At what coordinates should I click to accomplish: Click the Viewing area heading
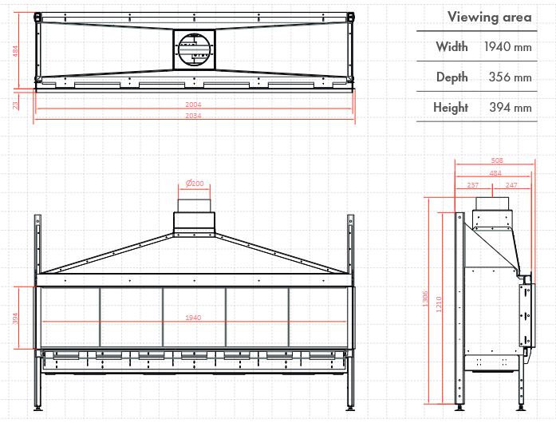pyautogui.click(x=489, y=17)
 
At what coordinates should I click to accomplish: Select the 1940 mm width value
pyautogui.click(x=508, y=46)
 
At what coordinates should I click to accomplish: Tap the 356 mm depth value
pyautogui.click(x=510, y=77)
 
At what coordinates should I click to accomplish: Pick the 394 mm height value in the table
pyautogui.click(x=511, y=107)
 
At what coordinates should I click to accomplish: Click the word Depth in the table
pyautogui.click(x=452, y=77)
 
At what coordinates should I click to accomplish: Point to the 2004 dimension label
pyautogui.click(x=193, y=105)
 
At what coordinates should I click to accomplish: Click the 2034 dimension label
pyautogui.click(x=193, y=116)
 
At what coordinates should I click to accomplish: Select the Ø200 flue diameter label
pyautogui.click(x=195, y=183)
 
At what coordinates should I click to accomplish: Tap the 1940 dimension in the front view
pyautogui.click(x=193, y=318)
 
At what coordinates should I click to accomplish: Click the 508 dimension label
pyautogui.click(x=497, y=160)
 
